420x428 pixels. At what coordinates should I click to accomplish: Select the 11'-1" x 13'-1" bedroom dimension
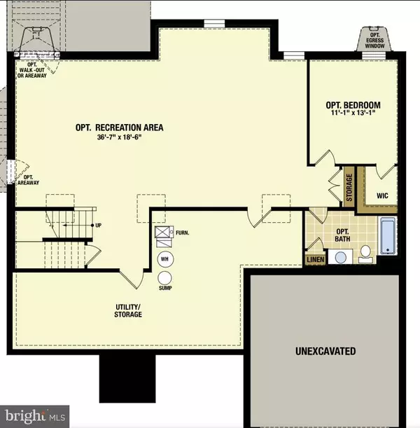pyautogui.click(x=352, y=117)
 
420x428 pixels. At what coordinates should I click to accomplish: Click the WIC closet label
pyautogui.click(x=381, y=195)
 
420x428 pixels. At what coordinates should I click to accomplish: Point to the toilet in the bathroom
pyautogui.click(x=365, y=254)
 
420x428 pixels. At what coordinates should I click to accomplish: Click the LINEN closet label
pyautogui.click(x=314, y=261)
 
